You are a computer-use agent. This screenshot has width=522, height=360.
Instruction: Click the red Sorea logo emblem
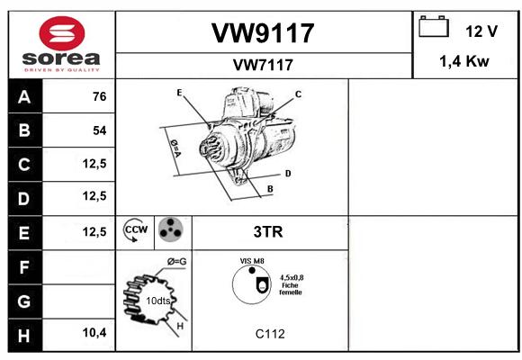click(x=62, y=33)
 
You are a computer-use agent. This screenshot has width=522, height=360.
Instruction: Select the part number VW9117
click(x=263, y=33)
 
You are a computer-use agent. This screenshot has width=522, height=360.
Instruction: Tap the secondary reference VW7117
click(x=263, y=65)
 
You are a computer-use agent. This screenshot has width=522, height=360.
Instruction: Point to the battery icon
click(x=434, y=26)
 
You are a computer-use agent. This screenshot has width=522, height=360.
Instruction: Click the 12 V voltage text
click(x=481, y=31)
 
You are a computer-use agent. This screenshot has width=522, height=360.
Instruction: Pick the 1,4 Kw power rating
click(x=464, y=61)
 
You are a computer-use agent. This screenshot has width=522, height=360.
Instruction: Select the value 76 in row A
click(x=100, y=96)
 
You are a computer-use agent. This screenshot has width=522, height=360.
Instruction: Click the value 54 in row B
click(x=100, y=130)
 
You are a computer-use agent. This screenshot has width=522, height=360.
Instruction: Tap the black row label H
click(x=25, y=336)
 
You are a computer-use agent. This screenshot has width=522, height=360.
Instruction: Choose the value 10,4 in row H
click(x=94, y=332)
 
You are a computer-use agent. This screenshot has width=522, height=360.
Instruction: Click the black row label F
click(x=25, y=267)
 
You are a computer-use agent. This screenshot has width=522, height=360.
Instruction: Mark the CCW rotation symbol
click(x=135, y=229)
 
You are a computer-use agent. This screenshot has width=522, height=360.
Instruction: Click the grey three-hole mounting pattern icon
click(x=171, y=229)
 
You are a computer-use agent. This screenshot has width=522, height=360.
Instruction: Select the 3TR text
click(x=268, y=232)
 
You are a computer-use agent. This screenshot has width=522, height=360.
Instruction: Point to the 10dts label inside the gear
click(x=158, y=301)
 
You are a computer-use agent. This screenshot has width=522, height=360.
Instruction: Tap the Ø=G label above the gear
click(x=176, y=262)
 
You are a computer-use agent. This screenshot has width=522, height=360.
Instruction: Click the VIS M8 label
click(x=252, y=261)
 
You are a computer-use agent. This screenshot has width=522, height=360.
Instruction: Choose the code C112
click(x=270, y=334)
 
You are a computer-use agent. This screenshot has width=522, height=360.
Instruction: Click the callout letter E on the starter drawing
click(x=179, y=93)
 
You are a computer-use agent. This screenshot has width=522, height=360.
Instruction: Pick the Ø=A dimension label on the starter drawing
click(x=175, y=148)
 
